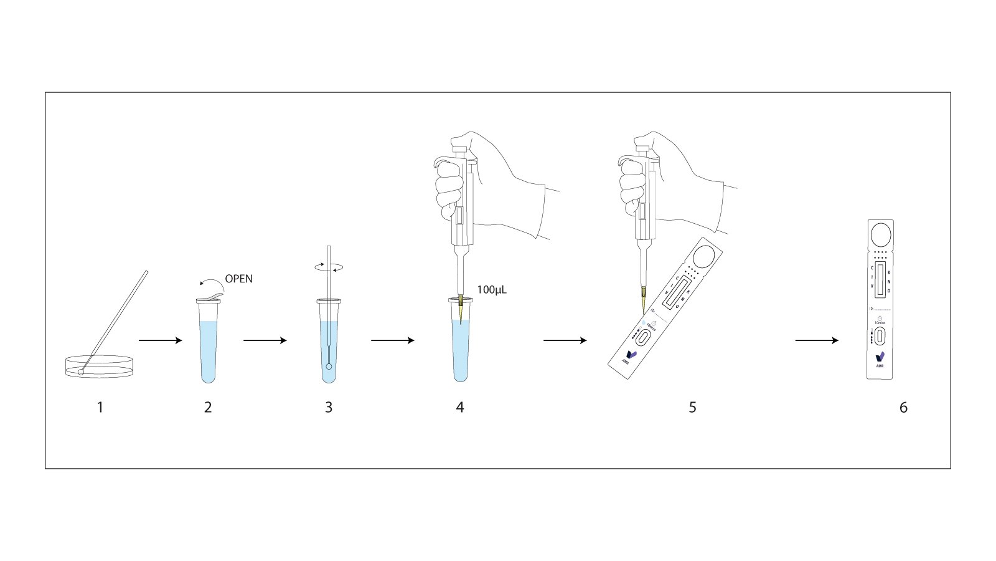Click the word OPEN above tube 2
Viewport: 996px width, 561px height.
click(x=239, y=279)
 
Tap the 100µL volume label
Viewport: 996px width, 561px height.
click(x=492, y=289)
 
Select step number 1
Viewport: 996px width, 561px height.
click(x=100, y=408)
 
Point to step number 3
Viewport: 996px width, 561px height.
click(x=329, y=408)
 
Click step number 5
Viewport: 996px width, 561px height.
click(x=692, y=408)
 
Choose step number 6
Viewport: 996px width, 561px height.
click(x=903, y=408)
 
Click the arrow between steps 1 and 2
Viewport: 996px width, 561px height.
click(x=160, y=340)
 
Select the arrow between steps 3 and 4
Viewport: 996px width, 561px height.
click(x=392, y=340)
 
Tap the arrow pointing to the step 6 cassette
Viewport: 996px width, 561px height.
click(x=817, y=340)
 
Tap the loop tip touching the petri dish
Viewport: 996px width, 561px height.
click(x=81, y=372)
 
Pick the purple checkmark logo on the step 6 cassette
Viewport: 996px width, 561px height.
click(x=880, y=357)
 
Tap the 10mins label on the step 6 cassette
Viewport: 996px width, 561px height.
click(x=880, y=322)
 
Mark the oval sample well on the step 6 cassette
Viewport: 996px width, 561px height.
click(x=880, y=337)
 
